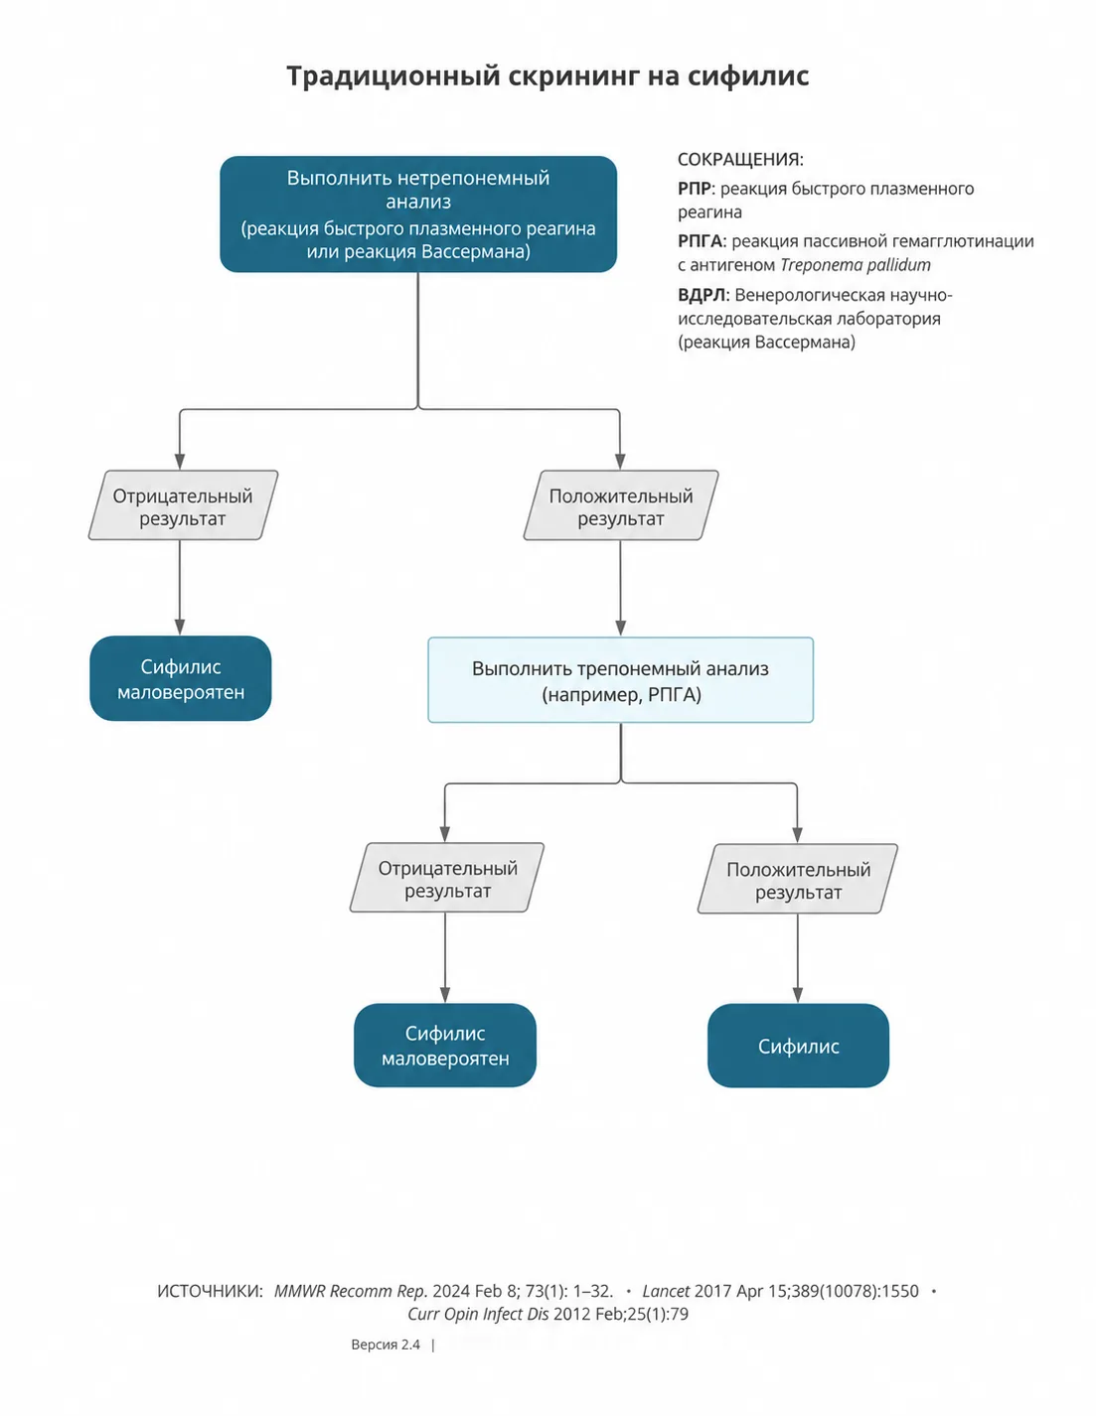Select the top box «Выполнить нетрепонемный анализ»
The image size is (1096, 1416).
(418, 213)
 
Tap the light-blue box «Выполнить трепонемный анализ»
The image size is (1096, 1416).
(620, 679)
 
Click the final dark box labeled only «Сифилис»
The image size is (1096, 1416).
(798, 1046)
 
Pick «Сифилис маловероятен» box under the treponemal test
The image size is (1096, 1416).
(445, 1046)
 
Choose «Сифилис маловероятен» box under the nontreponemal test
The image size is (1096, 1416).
(181, 678)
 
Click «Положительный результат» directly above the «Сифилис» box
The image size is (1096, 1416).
(798, 880)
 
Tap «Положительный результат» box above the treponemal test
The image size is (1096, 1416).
(621, 506)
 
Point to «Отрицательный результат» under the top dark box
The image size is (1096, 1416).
(183, 506)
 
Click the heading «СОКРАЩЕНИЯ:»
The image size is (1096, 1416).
(740, 160)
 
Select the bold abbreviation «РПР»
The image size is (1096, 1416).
(694, 189)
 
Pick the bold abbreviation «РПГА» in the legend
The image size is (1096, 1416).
(701, 241)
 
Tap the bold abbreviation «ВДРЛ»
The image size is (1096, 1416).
(702, 295)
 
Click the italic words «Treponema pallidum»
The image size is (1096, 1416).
(855, 265)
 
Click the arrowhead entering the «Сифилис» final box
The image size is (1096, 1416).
(797, 995)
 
